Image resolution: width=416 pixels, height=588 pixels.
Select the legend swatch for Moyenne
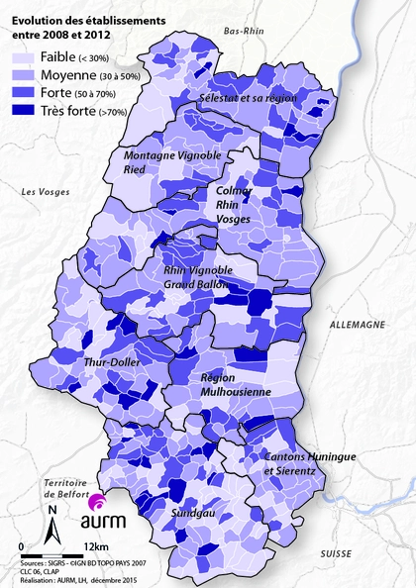point(24,76)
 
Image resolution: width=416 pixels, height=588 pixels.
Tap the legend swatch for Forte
point(24,92)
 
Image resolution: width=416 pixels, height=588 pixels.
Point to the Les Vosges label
point(45,190)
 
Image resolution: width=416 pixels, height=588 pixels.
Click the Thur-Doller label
point(110,362)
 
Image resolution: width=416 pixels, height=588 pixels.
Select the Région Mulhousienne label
point(236,384)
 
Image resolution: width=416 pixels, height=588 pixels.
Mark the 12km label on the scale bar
point(97,546)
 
